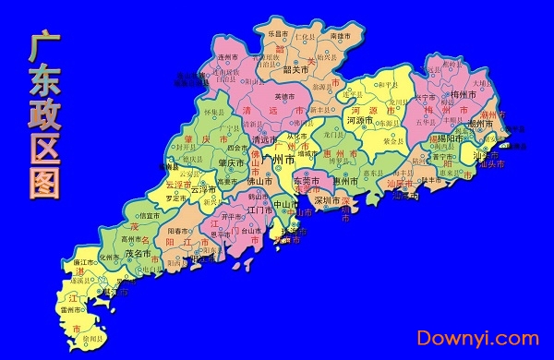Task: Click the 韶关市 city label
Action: (295, 69)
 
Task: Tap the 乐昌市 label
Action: (278, 33)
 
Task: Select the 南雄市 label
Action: (341, 34)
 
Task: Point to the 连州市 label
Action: (228, 57)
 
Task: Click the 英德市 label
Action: (284, 96)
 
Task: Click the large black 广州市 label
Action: (278, 159)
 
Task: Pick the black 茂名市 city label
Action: (138, 254)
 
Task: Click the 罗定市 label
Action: (176, 198)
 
